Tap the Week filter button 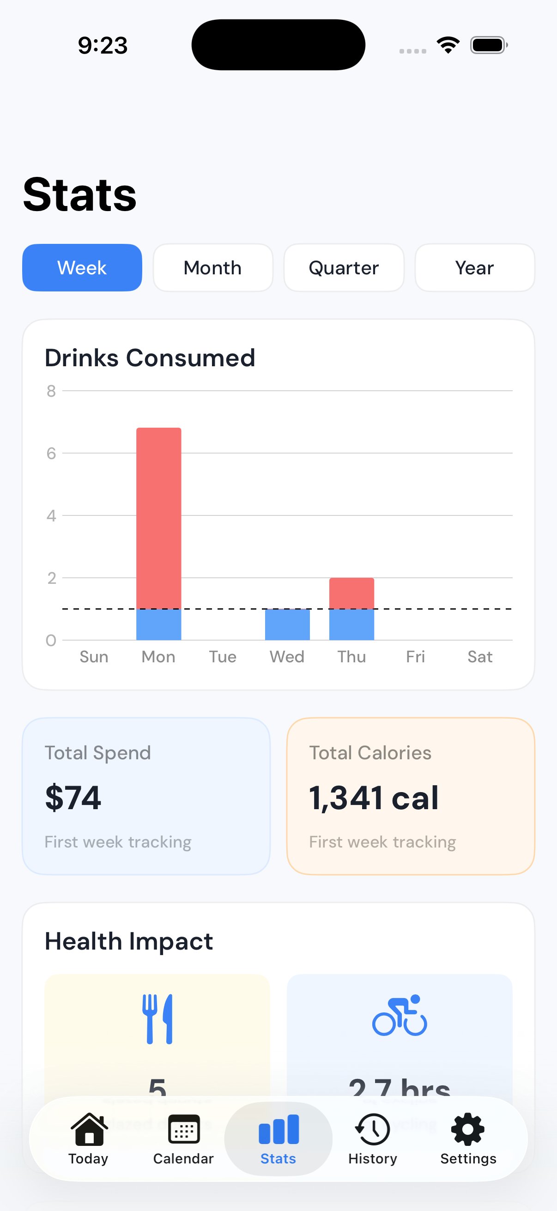82,267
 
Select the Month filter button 213,267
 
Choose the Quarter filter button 344,267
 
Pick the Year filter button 475,267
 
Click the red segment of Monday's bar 159,517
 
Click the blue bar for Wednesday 287,624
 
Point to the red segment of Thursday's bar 351,593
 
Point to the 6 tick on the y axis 51,453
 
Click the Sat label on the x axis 480,657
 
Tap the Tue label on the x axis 223,657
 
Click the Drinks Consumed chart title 150,358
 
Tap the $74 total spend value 73,798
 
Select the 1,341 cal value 374,798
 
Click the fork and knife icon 157,1019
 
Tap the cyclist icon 400,1016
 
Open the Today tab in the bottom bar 88,1138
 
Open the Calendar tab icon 184,1129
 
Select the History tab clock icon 373,1129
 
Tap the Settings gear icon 468,1129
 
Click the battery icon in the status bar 488,45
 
